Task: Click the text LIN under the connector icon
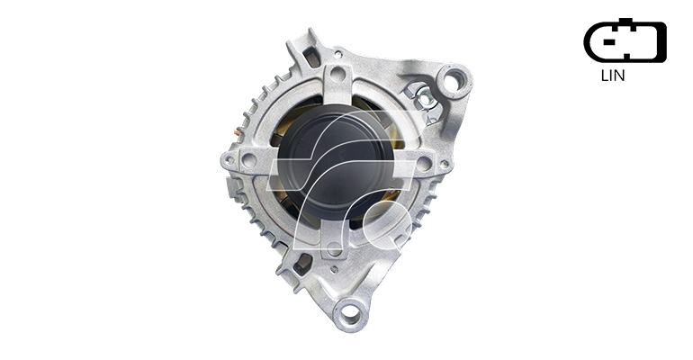613,76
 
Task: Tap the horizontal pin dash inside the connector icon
609,42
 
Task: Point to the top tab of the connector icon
625,21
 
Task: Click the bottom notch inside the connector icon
626,56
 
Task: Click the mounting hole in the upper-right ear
453,81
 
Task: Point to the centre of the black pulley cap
336,163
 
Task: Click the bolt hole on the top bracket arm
337,74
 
